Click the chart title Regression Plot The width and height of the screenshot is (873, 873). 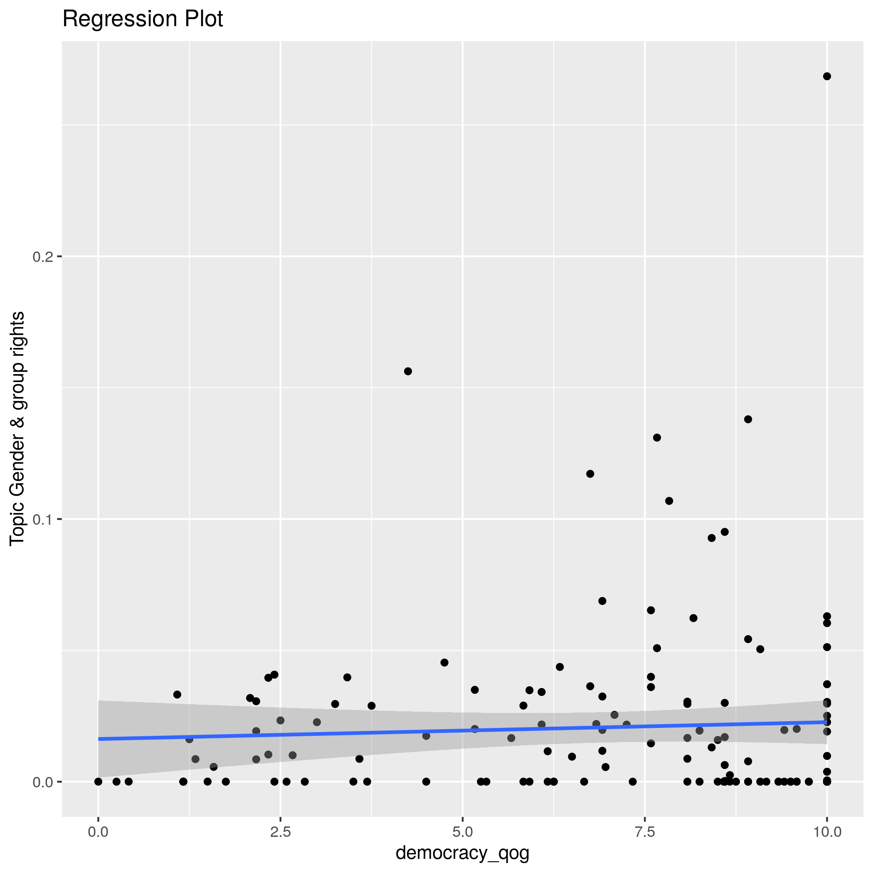pos(142,20)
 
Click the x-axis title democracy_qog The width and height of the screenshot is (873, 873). pos(462,853)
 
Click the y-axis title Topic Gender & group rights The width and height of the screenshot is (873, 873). pos(17,428)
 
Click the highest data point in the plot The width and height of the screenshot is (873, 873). pos(827,76)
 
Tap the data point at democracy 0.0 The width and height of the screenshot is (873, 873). pos(99,782)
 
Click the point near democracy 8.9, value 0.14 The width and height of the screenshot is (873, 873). pos(748,419)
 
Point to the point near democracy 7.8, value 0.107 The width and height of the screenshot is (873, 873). pos(669,501)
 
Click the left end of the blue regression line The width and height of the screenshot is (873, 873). pos(99,739)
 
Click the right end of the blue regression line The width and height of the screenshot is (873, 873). pos(826,722)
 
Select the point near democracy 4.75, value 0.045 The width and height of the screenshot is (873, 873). pos(444,662)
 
